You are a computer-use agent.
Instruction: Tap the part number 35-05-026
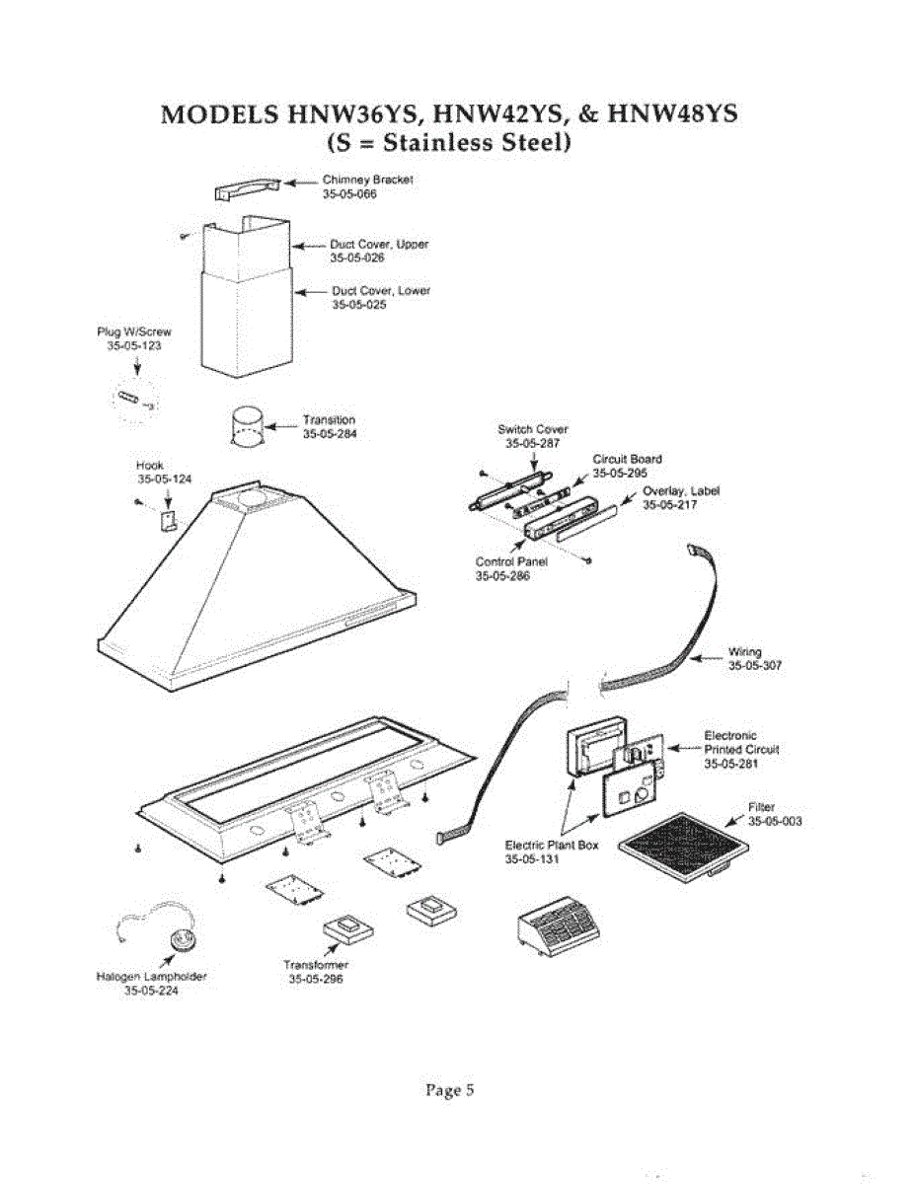click(356, 258)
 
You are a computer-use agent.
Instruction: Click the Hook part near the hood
click(169, 519)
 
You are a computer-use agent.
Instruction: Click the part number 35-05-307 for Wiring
click(755, 666)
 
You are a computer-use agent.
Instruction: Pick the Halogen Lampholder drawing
click(182, 939)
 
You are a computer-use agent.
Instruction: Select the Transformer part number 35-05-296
click(315, 980)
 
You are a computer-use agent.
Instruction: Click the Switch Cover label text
click(532, 429)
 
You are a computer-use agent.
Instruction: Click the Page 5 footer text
click(450, 1090)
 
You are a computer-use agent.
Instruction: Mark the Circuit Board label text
click(627, 459)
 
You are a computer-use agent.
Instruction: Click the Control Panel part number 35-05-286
click(502, 575)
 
